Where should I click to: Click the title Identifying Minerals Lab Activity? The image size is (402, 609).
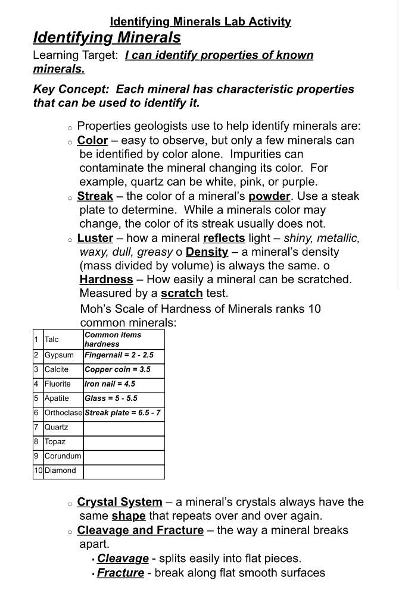tap(201, 22)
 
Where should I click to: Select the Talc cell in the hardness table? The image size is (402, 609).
tap(52, 340)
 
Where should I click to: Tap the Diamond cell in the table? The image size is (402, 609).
tap(61, 470)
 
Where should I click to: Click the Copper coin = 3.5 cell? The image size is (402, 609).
tap(118, 369)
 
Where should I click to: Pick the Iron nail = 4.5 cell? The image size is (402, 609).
tap(110, 384)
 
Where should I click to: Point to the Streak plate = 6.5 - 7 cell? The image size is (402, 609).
tap(123, 413)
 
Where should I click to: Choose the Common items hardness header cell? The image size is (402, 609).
tap(113, 339)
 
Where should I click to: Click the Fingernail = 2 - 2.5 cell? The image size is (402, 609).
tap(119, 355)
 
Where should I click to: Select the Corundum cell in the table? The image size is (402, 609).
tap(63, 456)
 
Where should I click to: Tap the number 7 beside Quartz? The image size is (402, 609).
tap(36, 427)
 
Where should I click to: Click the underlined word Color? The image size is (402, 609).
tap(92, 140)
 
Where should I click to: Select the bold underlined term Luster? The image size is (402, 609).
tap(95, 238)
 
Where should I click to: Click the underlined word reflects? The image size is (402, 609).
tap(224, 238)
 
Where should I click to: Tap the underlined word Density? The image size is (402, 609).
tap(207, 252)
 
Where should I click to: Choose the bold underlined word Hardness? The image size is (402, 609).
tap(106, 280)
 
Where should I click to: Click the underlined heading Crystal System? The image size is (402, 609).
tap(120, 502)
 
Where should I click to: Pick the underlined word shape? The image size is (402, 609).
tap(129, 516)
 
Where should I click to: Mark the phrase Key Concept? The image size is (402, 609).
tap(71, 89)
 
